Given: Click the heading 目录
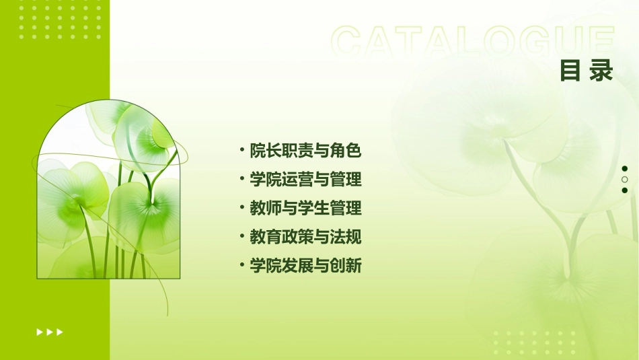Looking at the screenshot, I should (587, 71).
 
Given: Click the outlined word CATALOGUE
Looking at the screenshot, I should (472, 42).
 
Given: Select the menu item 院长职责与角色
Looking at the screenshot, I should (305, 151).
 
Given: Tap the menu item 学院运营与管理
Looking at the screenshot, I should (305, 180).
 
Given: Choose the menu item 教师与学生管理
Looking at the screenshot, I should (305, 209).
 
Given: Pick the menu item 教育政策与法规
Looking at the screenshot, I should (305, 238).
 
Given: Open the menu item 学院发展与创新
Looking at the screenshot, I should (305, 266).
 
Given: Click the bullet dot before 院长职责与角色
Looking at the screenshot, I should (242, 149).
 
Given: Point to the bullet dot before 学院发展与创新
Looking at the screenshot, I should (242, 265).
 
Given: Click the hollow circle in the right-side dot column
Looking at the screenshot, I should (625, 180).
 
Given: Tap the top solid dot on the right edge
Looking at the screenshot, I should (625, 169).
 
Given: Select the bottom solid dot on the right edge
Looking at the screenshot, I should (625, 190).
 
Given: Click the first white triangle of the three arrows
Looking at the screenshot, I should (39, 332).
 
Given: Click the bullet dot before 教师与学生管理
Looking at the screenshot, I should (242, 207).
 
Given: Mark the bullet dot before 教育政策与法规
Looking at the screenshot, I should (242, 236).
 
